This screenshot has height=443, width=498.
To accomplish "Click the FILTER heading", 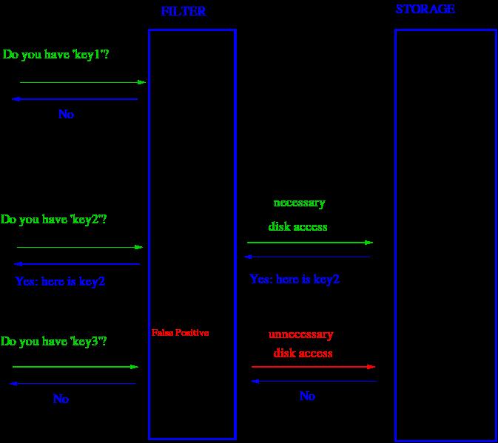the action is [184, 11].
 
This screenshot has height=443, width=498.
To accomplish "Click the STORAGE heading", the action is [425, 9].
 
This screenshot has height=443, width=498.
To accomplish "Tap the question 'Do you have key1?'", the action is [56, 55].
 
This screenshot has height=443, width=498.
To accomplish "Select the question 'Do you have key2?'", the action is [54, 220].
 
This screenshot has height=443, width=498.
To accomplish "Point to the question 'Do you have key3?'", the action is [54, 342].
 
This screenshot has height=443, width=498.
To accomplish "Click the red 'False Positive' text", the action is [180, 333].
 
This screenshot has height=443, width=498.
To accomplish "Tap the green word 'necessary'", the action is [299, 203].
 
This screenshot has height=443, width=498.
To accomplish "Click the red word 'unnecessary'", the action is [300, 335].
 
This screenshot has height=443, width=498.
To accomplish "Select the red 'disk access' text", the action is [303, 353].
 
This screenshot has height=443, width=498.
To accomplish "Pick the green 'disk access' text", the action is [297, 226].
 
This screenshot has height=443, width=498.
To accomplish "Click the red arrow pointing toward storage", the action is [313, 367].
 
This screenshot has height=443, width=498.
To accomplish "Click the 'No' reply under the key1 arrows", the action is [66, 114].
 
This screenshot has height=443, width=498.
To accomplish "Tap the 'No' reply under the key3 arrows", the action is [61, 399].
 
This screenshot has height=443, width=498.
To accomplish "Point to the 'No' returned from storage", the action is [307, 396].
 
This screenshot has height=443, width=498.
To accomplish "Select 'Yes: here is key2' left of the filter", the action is [60, 282].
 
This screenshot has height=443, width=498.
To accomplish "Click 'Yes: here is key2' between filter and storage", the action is [295, 280].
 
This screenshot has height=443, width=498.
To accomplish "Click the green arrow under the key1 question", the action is [83, 83].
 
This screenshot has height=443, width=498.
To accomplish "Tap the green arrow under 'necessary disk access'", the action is [310, 243].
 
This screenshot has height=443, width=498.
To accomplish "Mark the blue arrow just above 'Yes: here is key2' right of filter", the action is [307, 257].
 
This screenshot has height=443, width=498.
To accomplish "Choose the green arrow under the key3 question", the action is [75, 367].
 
